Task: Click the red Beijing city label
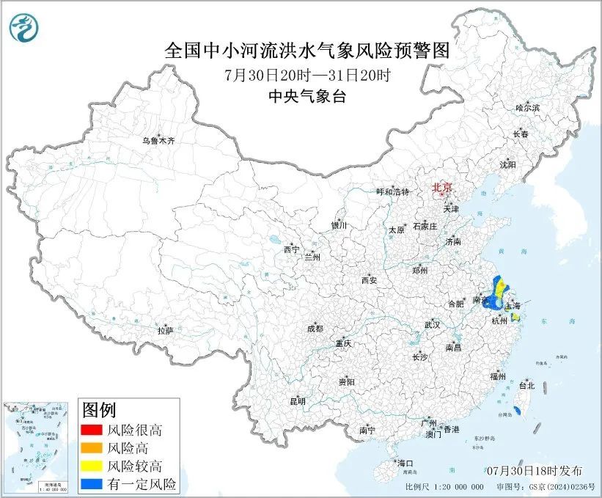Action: [x=442, y=187]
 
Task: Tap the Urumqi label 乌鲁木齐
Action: [x=158, y=141]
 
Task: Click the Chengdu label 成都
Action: [x=315, y=329]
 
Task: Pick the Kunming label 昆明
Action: [x=297, y=401]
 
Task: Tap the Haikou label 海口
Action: [x=405, y=463]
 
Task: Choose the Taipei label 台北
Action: [x=526, y=385]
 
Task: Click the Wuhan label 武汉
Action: [x=431, y=323]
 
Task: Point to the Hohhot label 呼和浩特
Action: [x=392, y=191]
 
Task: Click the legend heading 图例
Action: [x=99, y=409]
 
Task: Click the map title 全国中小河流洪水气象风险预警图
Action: [x=306, y=51]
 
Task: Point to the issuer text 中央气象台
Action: [x=306, y=96]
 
